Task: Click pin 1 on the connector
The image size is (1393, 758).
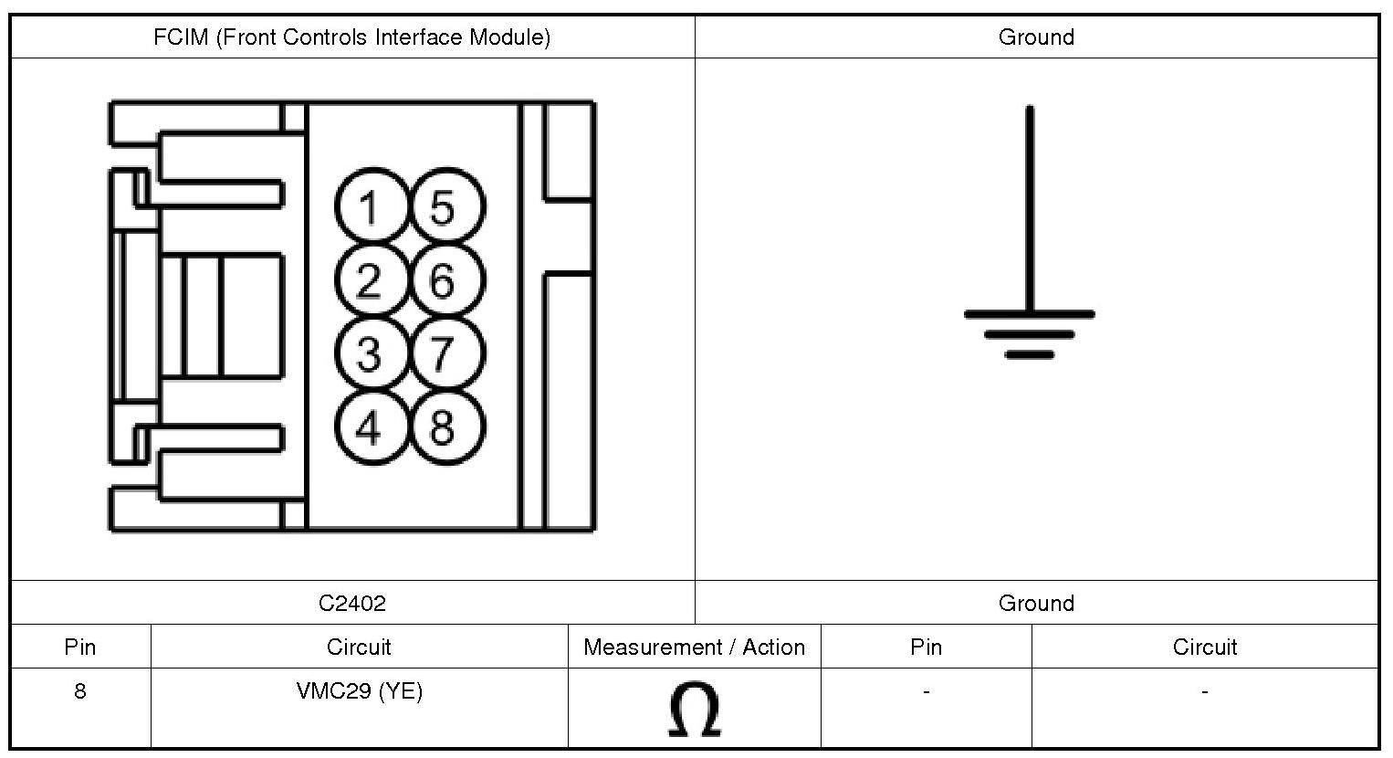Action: pos(369,207)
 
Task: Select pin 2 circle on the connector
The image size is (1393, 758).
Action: pos(369,280)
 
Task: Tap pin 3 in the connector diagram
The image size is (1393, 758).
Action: pos(369,353)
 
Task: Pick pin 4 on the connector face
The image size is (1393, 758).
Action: pos(369,426)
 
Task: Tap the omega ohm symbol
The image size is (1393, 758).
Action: pos(695,710)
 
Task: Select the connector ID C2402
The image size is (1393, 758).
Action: pos(352,604)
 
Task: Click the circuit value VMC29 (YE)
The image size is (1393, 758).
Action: pos(360,691)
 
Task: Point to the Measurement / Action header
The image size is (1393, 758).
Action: pos(695,647)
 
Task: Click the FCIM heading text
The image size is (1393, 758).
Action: pos(352,37)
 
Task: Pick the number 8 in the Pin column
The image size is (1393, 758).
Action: pos(80,691)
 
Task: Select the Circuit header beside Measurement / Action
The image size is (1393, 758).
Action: pos(359,647)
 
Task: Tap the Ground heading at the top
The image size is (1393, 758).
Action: pos(1036,37)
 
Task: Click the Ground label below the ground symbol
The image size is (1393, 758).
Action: pos(1036,604)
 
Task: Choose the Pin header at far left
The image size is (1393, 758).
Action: pos(80,647)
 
